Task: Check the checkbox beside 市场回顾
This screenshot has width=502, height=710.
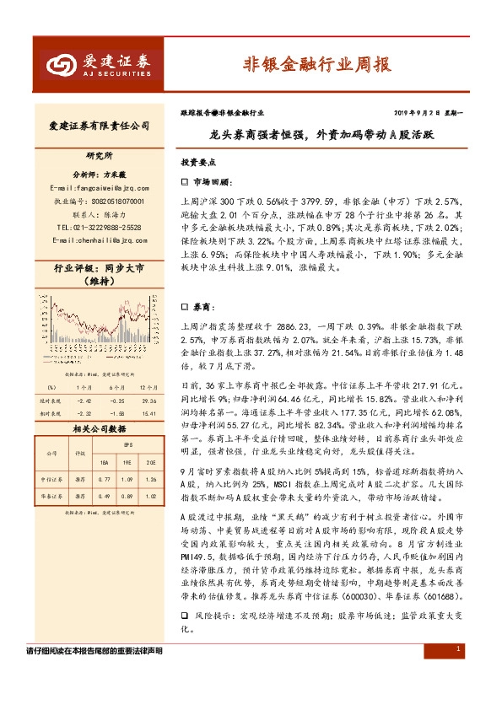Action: click(186, 182)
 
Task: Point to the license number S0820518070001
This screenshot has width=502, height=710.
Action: click(111, 202)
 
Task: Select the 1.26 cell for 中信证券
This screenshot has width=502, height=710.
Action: click(151, 480)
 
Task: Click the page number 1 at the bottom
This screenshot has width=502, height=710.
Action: click(457, 649)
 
